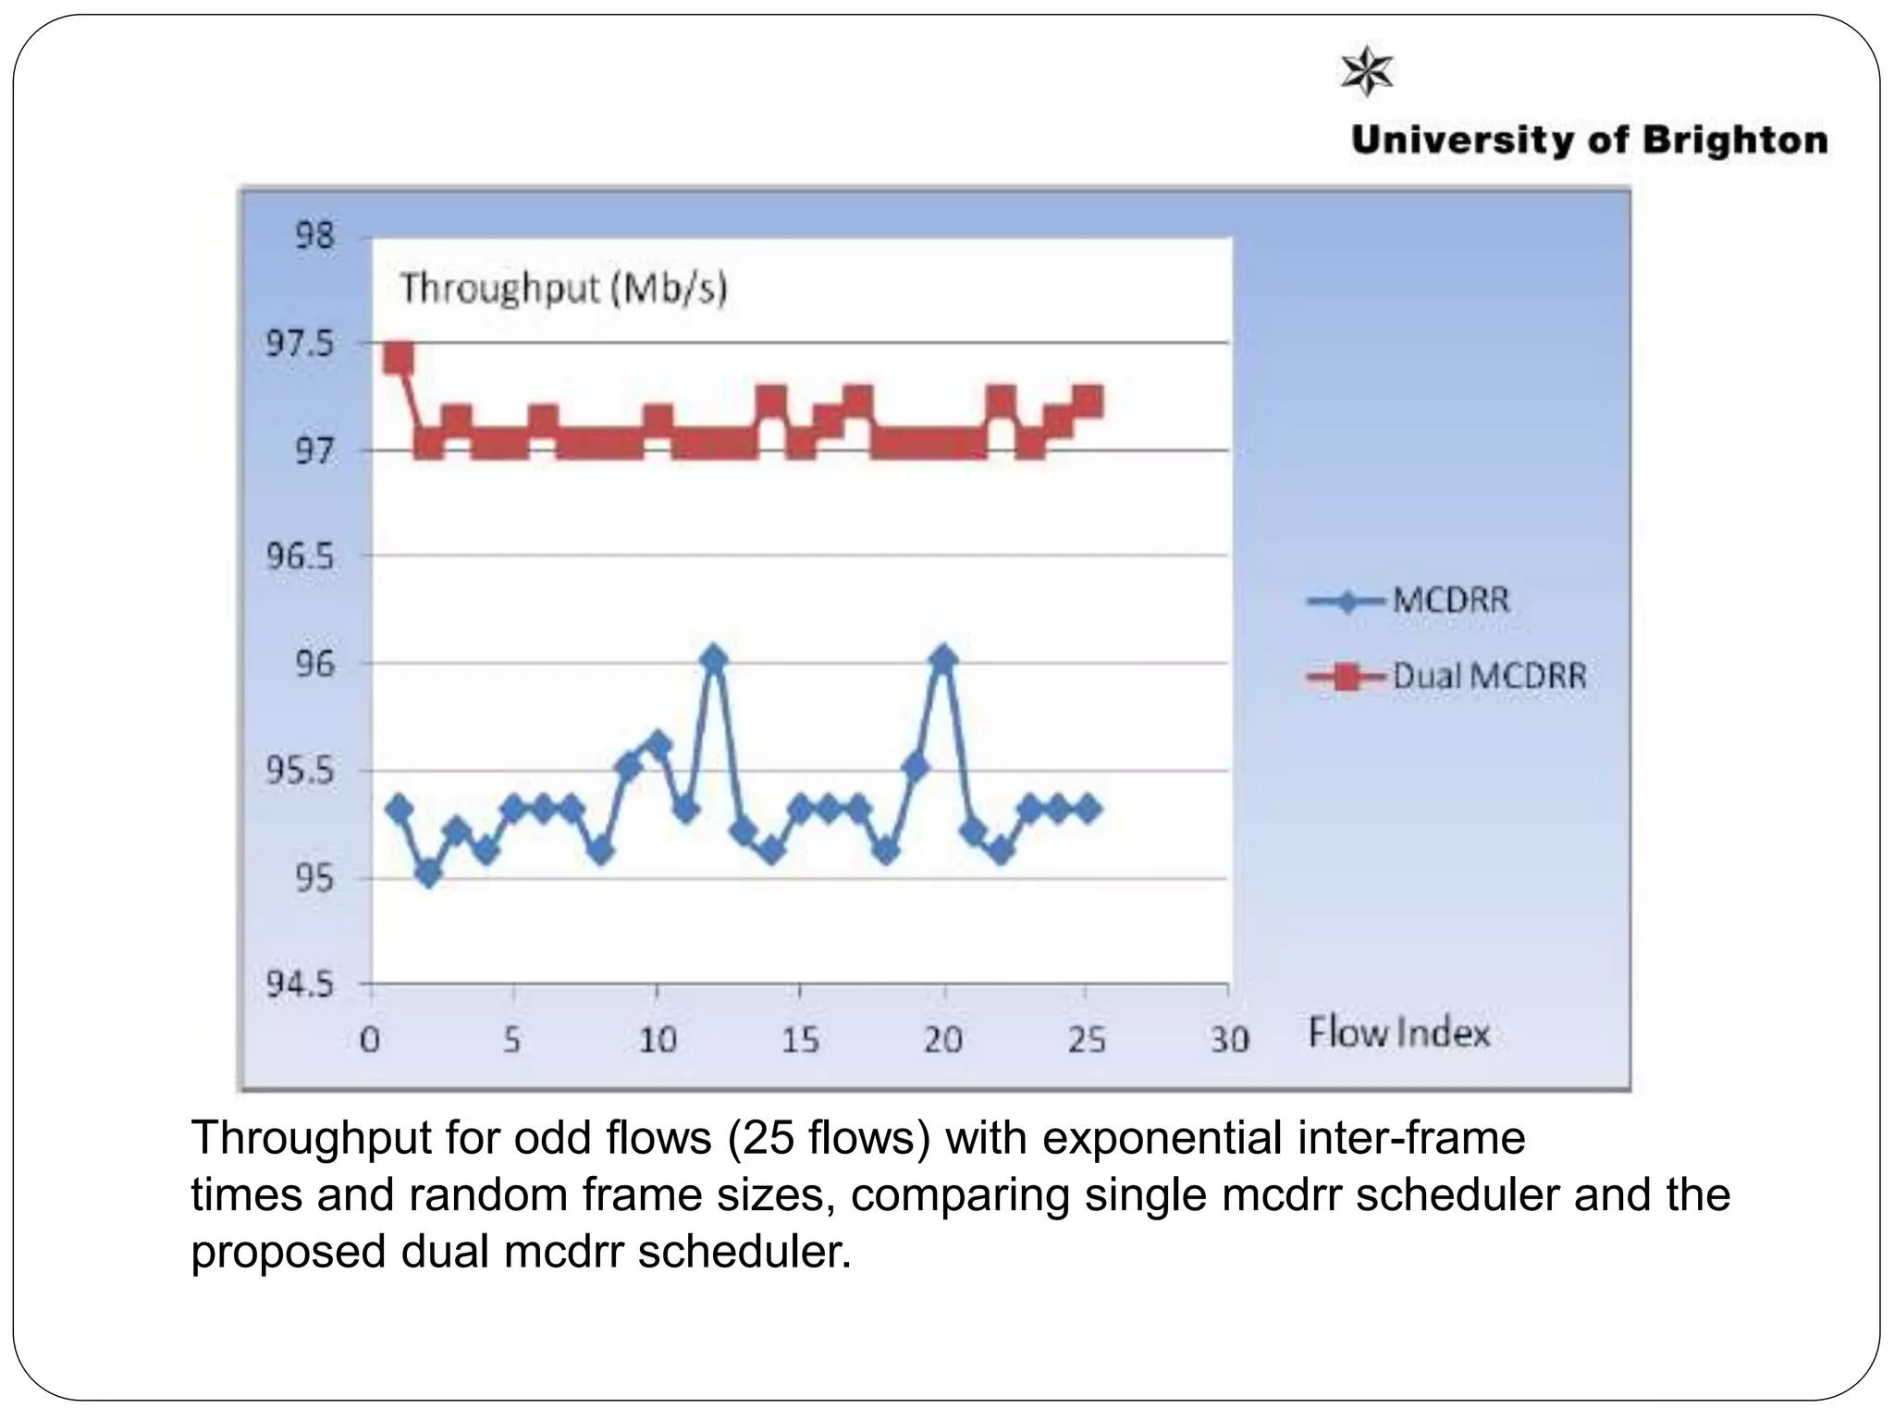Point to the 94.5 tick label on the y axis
[299, 985]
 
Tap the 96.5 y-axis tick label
[299, 557]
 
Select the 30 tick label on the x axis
[1229, 1041]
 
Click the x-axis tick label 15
[800, 1041]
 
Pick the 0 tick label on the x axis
[370, 1041]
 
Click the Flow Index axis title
[1398, 1033]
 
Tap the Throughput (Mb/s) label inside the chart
[563, 288]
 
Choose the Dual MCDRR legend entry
[1446, 677]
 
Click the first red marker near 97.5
[399, 358]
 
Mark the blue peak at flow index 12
[713, 659]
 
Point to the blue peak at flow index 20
[943, 659]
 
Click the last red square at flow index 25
[1088, 401]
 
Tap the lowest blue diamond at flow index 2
[428, 873]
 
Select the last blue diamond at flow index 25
[1088, 809]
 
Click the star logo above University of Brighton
[1366, 70]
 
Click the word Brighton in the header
[1735, 141]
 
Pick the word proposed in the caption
[288, 1253]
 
